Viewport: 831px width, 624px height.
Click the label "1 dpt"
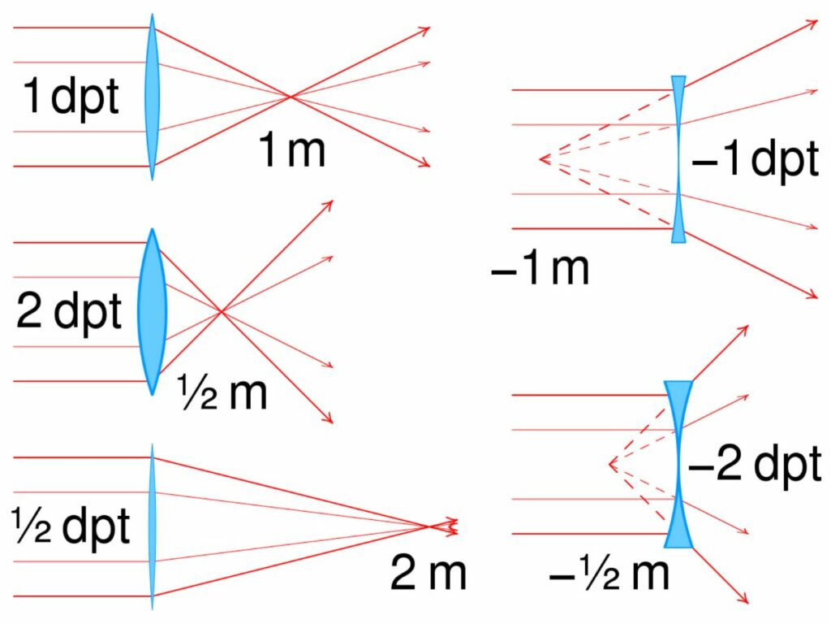[71, 97]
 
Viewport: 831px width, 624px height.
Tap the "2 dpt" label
[69, 312]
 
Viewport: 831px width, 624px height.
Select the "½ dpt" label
[71, 526]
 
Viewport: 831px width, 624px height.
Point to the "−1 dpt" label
[756, 159]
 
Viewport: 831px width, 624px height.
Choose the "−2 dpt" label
[755, 464]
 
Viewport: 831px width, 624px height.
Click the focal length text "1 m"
[291, 150]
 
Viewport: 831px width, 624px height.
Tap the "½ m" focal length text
[222, 392]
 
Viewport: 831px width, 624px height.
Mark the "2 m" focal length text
[428, 573]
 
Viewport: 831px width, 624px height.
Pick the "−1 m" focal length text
[540, 268]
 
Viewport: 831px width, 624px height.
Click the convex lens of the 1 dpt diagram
[152, 97]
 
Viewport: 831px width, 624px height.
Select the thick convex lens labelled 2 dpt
[152, 312]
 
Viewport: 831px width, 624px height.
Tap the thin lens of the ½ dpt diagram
[152, 526]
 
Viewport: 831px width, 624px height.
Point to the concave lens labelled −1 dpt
[678, 159]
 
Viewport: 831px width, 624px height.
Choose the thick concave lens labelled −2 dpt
[678, 464]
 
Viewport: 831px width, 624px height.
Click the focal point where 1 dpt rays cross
[290, 97]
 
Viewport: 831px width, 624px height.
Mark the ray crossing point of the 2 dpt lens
[222, 312]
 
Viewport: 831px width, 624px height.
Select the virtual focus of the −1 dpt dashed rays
[540, 159]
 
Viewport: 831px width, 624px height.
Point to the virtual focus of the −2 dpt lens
[610, 464]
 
